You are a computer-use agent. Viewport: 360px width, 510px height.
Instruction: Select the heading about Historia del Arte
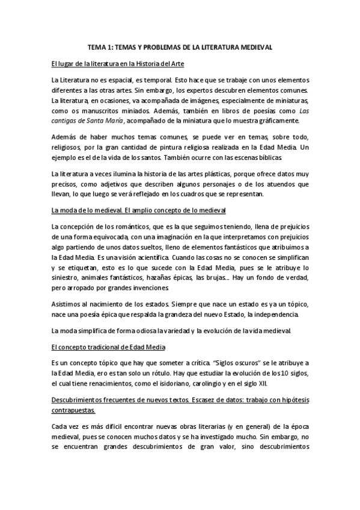point(118,63)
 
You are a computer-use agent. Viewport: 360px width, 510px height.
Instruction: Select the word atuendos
point(273,185)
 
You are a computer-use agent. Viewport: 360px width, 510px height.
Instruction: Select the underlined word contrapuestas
point(73,411)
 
